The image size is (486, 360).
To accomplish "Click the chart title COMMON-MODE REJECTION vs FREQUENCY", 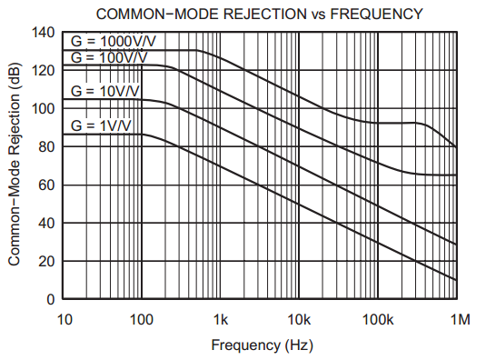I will [x=260, y=13].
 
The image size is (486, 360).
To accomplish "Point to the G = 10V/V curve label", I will [x=104, y=91].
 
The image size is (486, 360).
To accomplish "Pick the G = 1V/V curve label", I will [x=101, y=125].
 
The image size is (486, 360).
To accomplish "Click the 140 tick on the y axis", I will [x=44, y=33].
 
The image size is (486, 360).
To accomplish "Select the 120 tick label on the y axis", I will [x=44, y=71].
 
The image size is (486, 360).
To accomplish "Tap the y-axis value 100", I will [x=44, y=109].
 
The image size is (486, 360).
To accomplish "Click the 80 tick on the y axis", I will [x=47, y=147].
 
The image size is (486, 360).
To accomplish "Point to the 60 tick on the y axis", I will [x=47, y=185].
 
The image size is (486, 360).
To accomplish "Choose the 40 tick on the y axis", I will [x=47, y=224].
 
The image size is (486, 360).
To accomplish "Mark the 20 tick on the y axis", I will [x=47, y=262].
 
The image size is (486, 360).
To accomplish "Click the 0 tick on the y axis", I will [x=51, y=300].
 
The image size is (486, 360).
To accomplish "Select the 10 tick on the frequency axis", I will [x=64, y=319].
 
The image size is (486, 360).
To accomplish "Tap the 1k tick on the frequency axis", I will [x=221, y=319].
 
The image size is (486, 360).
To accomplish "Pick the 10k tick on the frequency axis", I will [x=299, y=319].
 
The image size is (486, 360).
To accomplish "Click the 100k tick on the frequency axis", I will [x=377, y=319].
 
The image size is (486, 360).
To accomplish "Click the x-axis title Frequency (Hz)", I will [x=262, y=345].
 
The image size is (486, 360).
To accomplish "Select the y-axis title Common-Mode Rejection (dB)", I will [x=15, y=166].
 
